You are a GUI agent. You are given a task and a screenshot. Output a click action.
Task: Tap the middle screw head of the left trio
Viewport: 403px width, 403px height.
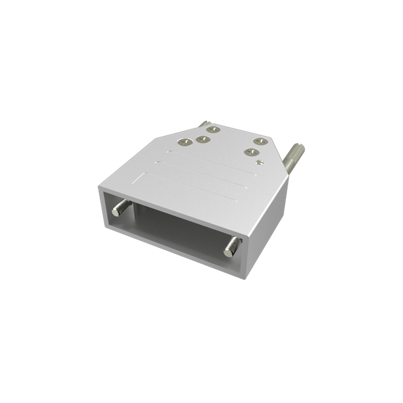pyautogui.click(x=202, y=139)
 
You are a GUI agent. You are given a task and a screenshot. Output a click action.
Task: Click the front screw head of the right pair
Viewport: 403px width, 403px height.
pyautogui.click(x=252, y=152)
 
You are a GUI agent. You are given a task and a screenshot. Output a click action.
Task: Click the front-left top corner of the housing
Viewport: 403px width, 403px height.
pyautogui.click(x=100, y=188)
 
